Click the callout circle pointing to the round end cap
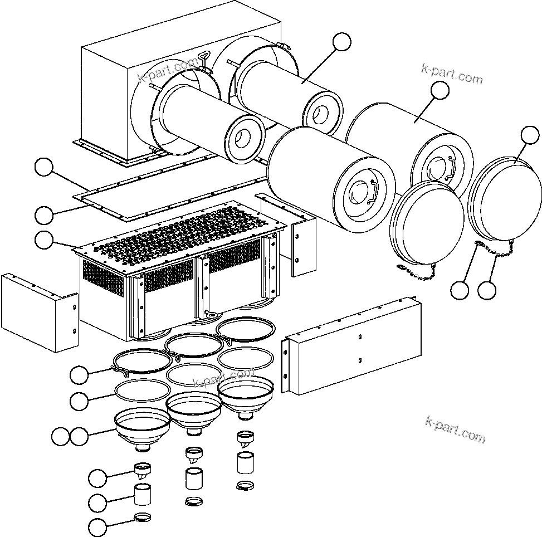click(x=530, y=136)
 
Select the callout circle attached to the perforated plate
click(x=45, y=240)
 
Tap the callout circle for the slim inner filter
click(x=342, y=42)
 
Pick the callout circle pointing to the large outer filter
click(x=440, y=91)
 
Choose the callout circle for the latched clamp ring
click(x=80, y=375)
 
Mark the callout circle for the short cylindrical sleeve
click(x=98, y=502)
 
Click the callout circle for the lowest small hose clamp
click(x=98, y=526)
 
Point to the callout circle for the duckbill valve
click(x=98, y=477)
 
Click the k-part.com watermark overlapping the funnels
click(x=223, y=378)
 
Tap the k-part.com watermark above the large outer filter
click(x=452, y=74)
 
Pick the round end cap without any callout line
click(x=427, y=223)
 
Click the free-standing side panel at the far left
click(x=39, y=312)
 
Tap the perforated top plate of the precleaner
click(x=184, y=234)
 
